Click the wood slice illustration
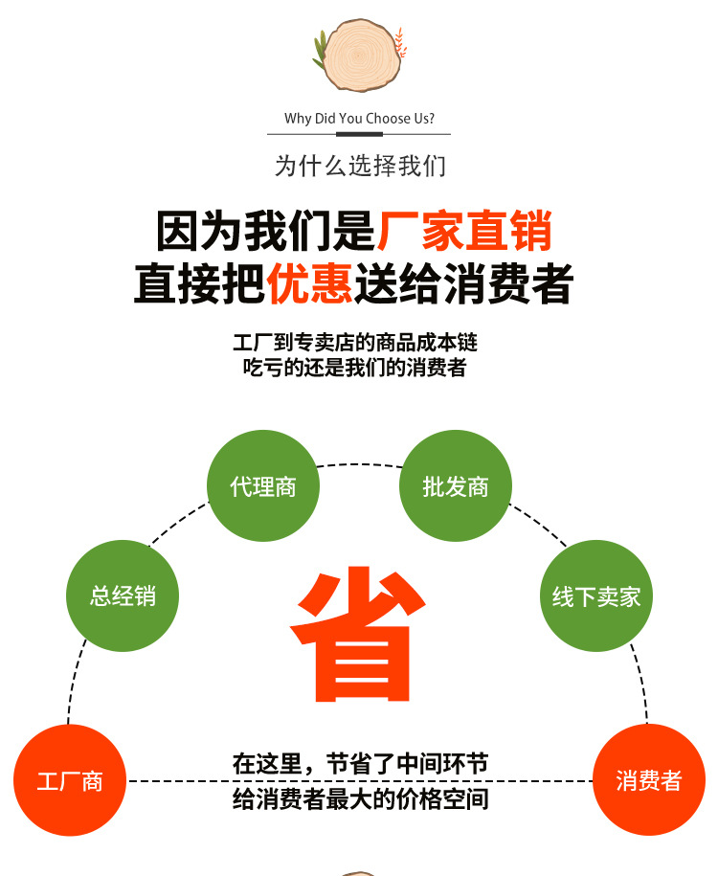(x=362, y=55)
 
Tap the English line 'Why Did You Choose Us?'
(x=359, y=119)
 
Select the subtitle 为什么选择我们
(x=360, y=166)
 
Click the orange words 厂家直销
(x=464, y=230)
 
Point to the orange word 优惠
(x=309, y=282)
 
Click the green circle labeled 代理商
(x=263, y=485)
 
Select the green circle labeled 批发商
(x=456, y=485)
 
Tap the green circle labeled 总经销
(x=123, y=595)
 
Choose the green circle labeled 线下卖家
(x=596, y=595)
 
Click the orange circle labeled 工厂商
(x=70, y=780)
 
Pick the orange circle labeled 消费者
(x=649, y=780)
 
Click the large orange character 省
(x=358, y=634)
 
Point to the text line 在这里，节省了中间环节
(x=360, y=764)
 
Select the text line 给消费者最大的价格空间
(x=360, y=798)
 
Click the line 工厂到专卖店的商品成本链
(x=355, y=342)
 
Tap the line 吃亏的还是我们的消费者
(x=355, y=367)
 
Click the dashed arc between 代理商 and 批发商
(x=359, y=464)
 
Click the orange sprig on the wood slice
(x=400, y=43)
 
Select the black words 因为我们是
(x=265, y=230)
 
